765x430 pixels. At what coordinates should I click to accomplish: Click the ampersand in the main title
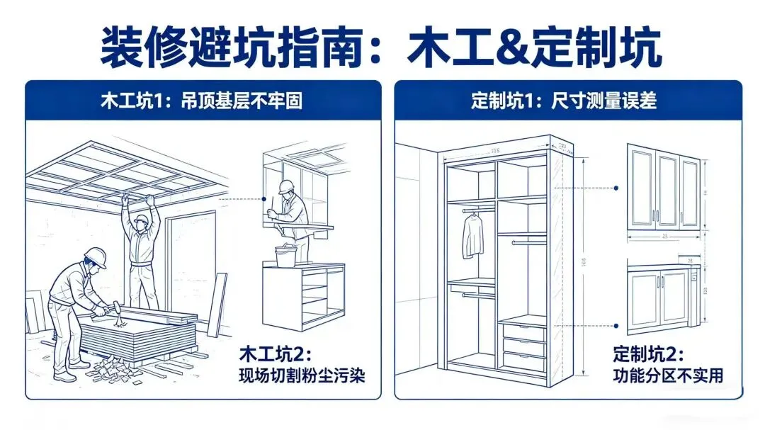click(x=484, y=47)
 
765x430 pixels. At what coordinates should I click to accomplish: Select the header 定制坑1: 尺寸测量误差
click(x=564, y=101)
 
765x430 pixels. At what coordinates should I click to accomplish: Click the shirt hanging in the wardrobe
click(x=472, y=236)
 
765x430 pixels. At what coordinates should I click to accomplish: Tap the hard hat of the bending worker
click(x=96, y=256)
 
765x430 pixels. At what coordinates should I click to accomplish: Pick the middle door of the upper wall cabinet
click(x=667, y=189)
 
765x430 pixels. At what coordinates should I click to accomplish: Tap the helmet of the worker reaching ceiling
click(x=142, y=221)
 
